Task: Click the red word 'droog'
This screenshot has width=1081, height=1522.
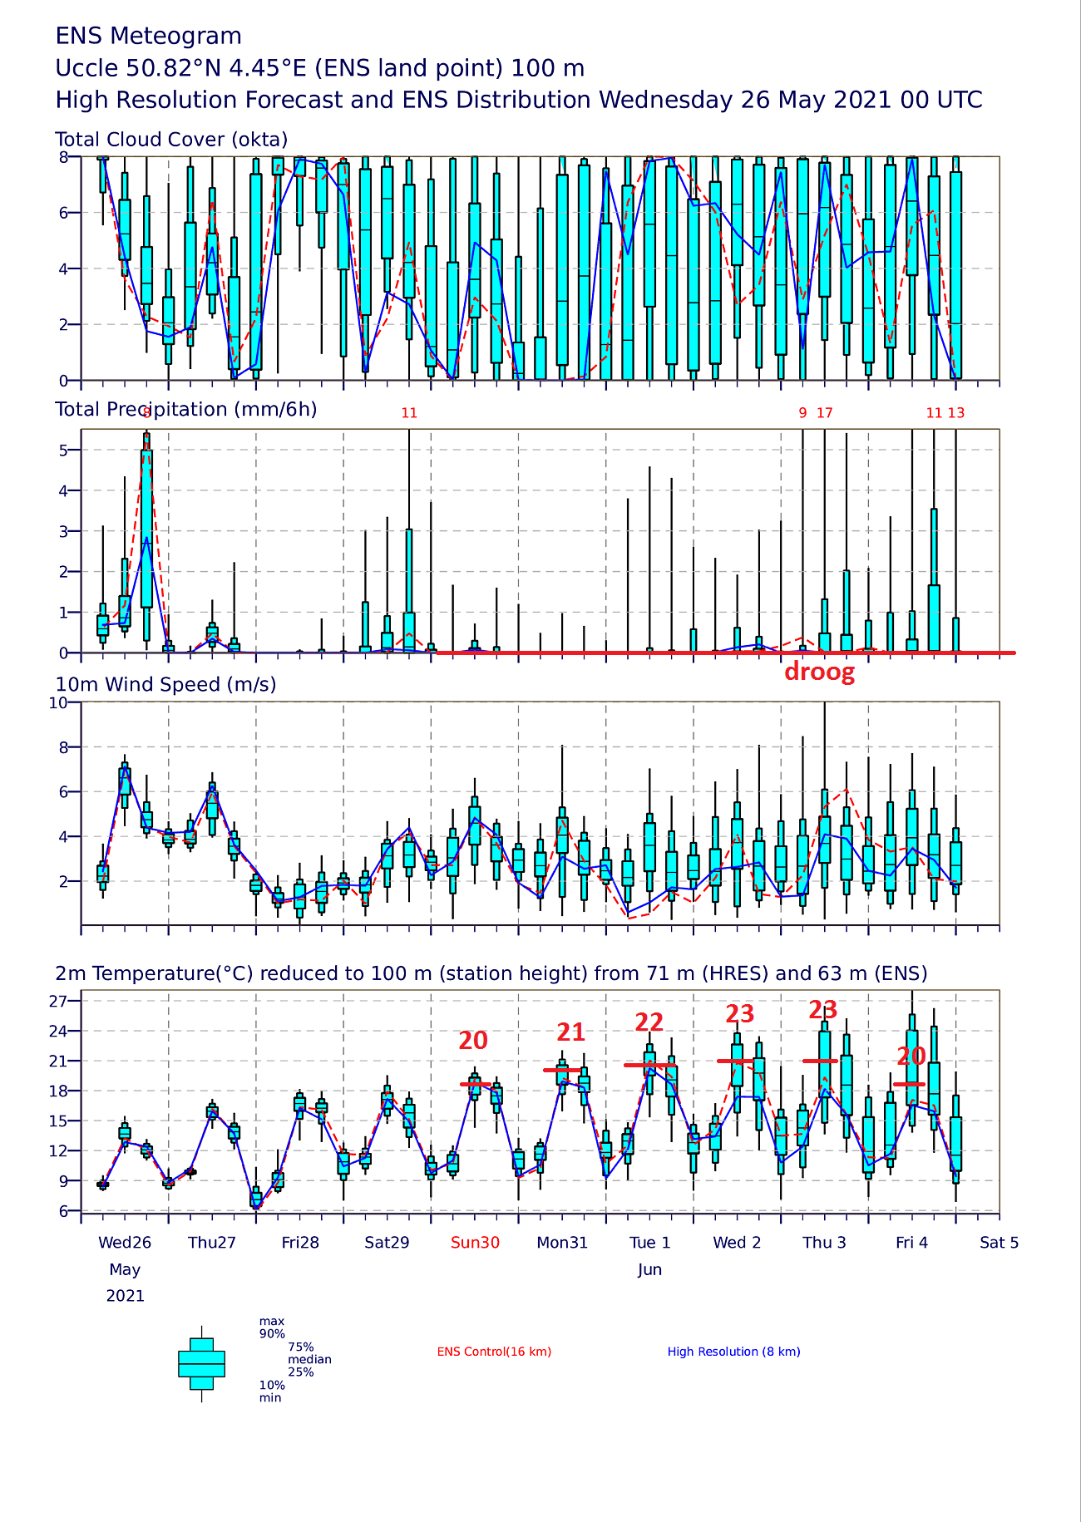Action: (x=819, y=672)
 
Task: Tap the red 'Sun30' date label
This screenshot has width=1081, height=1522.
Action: (x=475, y=1243)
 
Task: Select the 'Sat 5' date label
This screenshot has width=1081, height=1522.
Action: (x=999, y=1243)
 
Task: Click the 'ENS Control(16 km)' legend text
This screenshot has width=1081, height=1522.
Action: (x=494, y=1352)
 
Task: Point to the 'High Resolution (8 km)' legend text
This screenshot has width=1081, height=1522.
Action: (x=733, y=1352)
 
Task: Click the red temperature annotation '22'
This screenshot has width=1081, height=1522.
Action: (x=649, y=1022)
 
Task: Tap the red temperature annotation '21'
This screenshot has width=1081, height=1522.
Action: (x=570, y=1032)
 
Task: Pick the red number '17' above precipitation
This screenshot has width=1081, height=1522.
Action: (x=824, y=413)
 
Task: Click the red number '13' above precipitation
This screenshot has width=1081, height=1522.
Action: (x=956, y=413)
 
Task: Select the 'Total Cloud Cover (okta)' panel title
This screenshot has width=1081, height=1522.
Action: (x=171, y=140)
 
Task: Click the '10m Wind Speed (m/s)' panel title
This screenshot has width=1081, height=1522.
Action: (x=165, y=685)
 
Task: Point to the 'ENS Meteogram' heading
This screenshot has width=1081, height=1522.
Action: (x=149, y=37)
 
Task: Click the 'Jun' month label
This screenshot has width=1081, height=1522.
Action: (x=649, y=1269)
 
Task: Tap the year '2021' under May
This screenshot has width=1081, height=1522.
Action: (x=125, y=1296)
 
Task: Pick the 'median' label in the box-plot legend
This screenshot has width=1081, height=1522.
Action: (x=309, y=1360)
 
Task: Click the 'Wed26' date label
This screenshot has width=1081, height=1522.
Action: (x=125, y=1243)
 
